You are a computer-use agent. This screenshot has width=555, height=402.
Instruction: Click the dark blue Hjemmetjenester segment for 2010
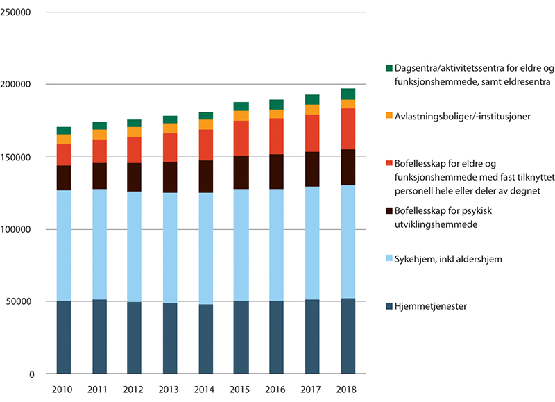(64, 337)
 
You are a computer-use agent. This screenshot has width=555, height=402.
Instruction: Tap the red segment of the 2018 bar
(348, 128)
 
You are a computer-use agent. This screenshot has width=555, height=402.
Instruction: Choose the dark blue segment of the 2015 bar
(241, 337)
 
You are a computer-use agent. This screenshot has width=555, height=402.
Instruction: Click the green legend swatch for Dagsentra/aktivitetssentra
(388, 69)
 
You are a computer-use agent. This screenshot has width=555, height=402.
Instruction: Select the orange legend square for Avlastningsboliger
(388, 117)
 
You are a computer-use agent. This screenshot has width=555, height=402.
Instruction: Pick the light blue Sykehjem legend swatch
(388, 259)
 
